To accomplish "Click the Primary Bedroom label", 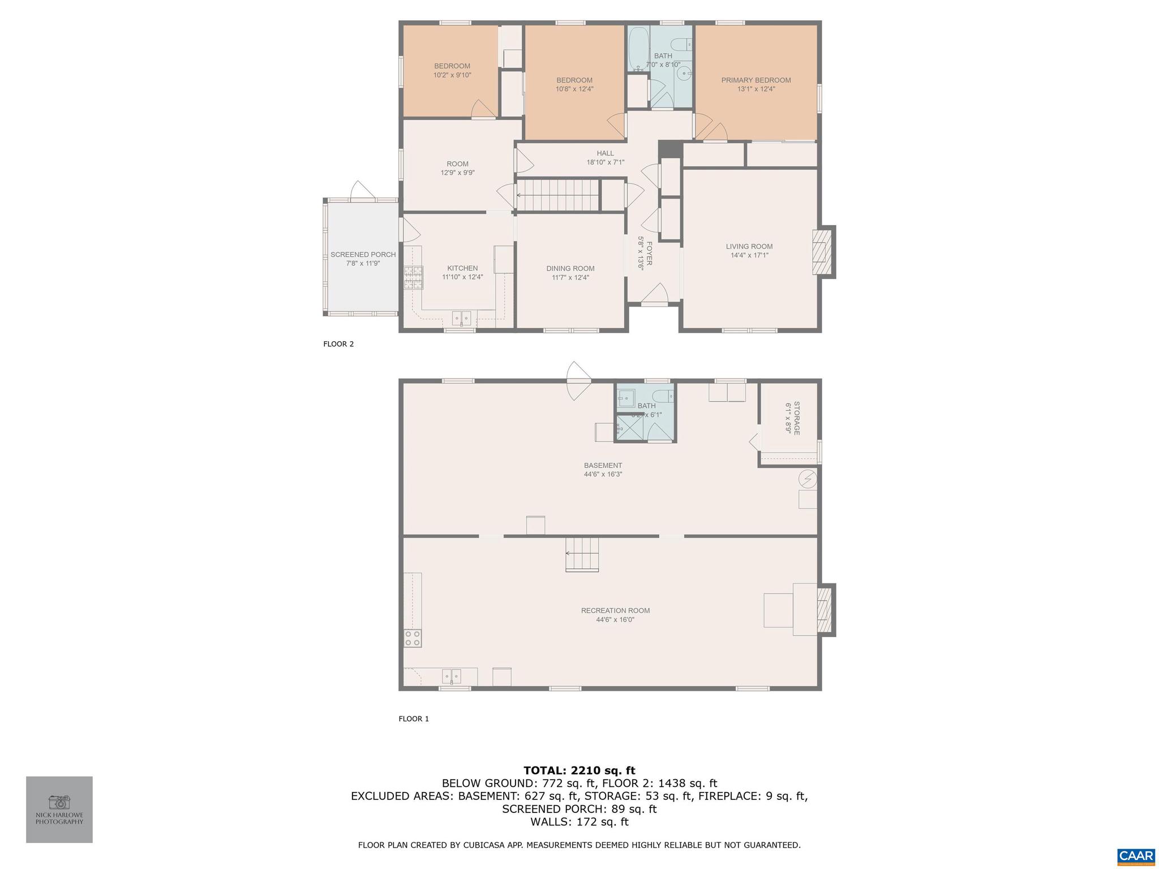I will click(756, 80).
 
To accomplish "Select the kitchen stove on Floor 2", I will click(413, 277).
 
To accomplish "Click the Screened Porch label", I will click(363, 255).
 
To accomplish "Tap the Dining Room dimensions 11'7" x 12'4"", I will click(570, 278).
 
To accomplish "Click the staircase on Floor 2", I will click(557, 195).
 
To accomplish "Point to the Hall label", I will click(605, 153).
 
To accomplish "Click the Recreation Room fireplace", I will click(824, 610).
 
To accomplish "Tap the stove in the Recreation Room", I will click(413, 638).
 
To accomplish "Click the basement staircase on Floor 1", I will click(582, 554).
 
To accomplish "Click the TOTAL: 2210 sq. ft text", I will click(579, 770).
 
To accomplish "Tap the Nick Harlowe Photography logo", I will click(59, 809).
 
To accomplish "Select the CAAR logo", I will click(1136, 856).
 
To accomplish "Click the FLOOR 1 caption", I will click(414, 719).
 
